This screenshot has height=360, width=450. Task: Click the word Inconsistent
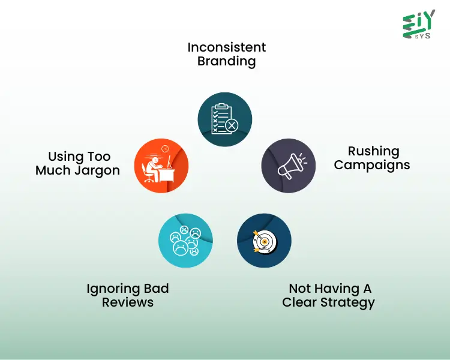pos(226,47)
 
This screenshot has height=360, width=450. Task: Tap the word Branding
pos(226,61)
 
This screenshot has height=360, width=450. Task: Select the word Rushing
pos(373,151)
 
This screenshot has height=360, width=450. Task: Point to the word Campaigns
pos(372,165)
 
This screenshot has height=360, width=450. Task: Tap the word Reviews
pos(127,302)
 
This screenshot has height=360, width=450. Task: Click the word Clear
pos(299,302)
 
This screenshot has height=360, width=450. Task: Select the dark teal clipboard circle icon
pos(225,118)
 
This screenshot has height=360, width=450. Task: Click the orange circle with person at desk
pos(161,166)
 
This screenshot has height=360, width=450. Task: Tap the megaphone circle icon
pos(289,166)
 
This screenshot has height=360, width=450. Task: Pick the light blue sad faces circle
pos(185,241)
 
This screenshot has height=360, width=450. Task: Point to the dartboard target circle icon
pos(264,241)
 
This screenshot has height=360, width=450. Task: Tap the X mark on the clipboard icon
pos(231,125)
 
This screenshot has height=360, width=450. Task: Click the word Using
pos(65,157)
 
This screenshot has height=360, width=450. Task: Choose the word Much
pos(52,170)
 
